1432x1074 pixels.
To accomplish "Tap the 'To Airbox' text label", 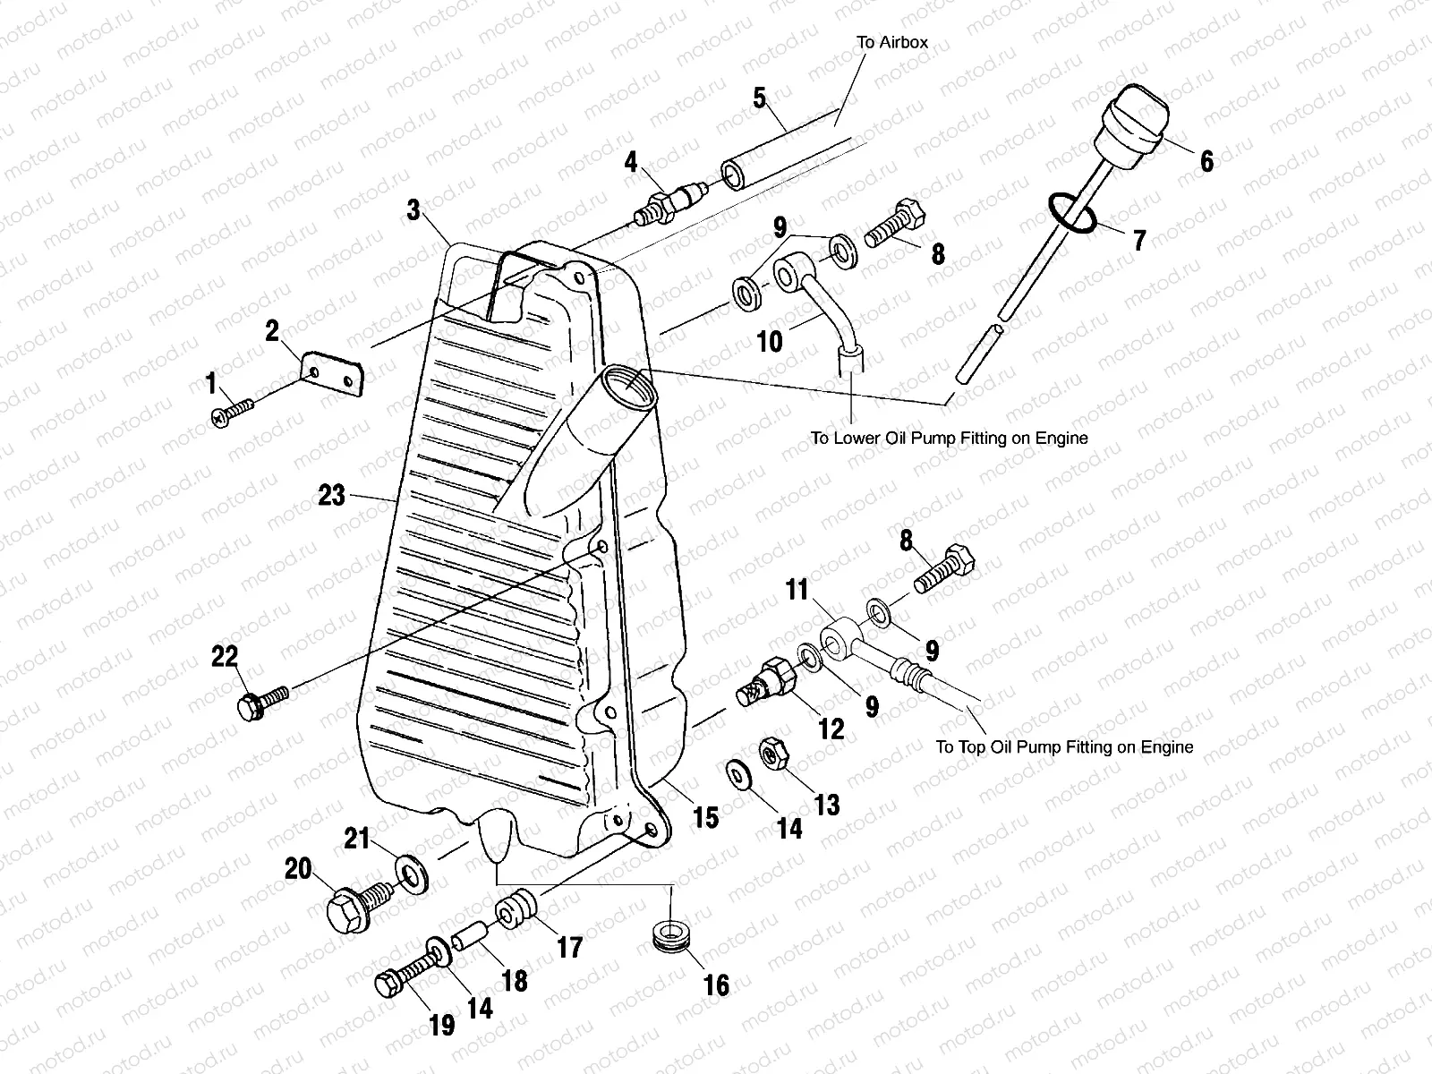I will [892, 42].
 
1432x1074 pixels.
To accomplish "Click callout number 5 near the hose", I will [759, 97].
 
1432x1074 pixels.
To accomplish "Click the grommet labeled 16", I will [670, 933].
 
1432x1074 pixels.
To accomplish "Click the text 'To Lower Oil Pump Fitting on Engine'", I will [949, 439].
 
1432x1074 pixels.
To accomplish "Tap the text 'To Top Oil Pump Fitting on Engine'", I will [1064, 746].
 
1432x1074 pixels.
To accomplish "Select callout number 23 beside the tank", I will [331, 494].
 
